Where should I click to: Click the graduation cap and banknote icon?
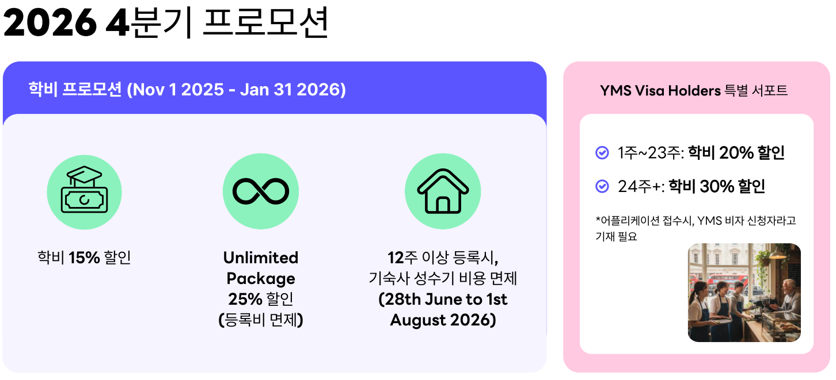click(84, 189)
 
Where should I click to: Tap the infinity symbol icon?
click(261, 191)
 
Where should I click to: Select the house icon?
click(443, 191)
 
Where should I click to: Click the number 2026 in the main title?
click(50, 23)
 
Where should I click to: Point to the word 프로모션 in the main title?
click(266, 23)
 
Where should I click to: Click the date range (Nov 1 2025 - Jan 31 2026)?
click(236, 90)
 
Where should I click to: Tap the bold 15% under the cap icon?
click(84, 258)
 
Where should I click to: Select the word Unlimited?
click(261, 258)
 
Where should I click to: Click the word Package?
click(261, 279)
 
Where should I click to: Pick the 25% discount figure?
click(245, 299)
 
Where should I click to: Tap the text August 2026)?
click(443, 320)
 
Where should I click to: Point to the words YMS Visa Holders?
click(660, 90)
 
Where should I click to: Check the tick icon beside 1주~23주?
click(602, 153)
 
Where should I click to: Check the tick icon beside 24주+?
click(602, 186)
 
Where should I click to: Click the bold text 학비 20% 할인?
click(736, 153)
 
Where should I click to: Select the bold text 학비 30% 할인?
click(717, 186)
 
